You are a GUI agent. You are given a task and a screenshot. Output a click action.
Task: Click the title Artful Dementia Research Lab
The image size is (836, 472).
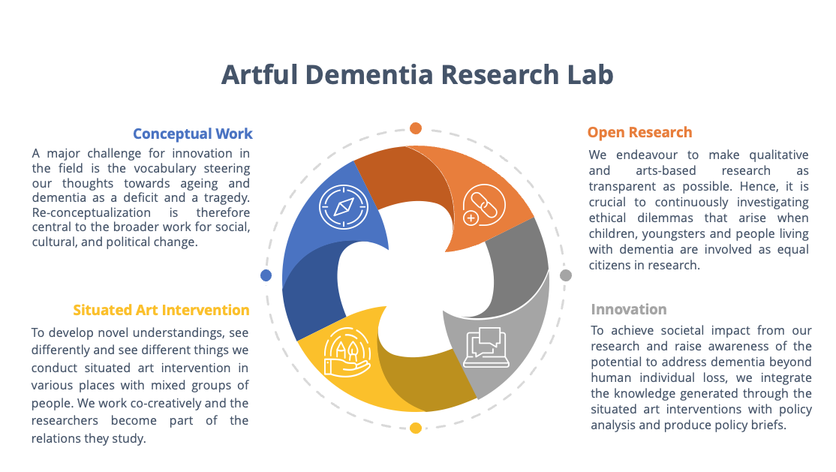[x=417, y=75]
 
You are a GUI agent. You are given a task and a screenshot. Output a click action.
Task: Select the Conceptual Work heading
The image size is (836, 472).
[x=192, y=134]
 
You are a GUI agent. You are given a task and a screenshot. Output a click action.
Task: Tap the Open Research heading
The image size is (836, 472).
[x=640, y=132]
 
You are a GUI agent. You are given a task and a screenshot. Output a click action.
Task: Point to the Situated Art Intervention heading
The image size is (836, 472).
[x=161, y=310]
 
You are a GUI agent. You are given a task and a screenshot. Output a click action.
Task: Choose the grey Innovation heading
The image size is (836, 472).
[x=629, y=309]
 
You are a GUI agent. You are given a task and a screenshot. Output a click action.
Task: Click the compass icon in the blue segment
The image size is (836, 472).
[x=344, y=207]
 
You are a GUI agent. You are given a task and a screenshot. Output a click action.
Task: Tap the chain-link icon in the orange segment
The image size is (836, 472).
[x=483, y=206]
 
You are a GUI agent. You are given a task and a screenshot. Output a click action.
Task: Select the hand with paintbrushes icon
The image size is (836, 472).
[x=347, y=353]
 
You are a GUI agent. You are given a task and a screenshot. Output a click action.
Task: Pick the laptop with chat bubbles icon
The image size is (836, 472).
[x=486, y=347]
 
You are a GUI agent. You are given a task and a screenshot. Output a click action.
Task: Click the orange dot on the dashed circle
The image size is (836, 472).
[x=416, y=128]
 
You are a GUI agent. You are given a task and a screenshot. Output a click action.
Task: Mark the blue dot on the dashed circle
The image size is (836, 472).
[x=266, y=275]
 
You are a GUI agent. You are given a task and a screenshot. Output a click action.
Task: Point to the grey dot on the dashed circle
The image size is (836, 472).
[x=566, y=275]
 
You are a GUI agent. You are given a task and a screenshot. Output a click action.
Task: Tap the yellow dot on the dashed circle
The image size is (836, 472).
[x=416, y=428]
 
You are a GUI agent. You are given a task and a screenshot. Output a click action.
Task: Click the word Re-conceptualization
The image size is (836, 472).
[x=91, y=213]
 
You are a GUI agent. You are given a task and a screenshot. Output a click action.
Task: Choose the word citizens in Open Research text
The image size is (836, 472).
[x=609, y=265]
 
